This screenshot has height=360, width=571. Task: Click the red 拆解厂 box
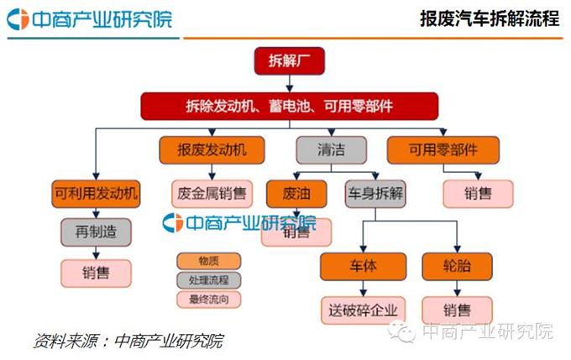(x=288, y=61)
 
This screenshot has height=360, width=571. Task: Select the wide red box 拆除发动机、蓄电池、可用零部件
(x=289, y=107)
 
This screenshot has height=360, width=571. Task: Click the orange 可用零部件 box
(x=443, y=151)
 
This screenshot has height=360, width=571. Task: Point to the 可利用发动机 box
(x=95, y=194)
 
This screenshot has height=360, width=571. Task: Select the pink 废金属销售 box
(x=212, y=194)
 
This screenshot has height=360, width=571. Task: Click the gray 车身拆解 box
(x=375, y=194)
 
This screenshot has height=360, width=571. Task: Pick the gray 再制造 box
(x=95, y=232)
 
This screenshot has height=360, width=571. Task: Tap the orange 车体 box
(x=362, y=266)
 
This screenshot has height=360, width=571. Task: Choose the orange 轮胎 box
(x=457, y=266)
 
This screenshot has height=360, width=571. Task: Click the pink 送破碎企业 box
(x=362, y=308)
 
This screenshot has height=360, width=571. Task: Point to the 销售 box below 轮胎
(x=457, y=308)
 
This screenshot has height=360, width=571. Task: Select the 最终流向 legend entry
(x=208, y=299)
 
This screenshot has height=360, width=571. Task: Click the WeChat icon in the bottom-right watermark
(x=406, y=333)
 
